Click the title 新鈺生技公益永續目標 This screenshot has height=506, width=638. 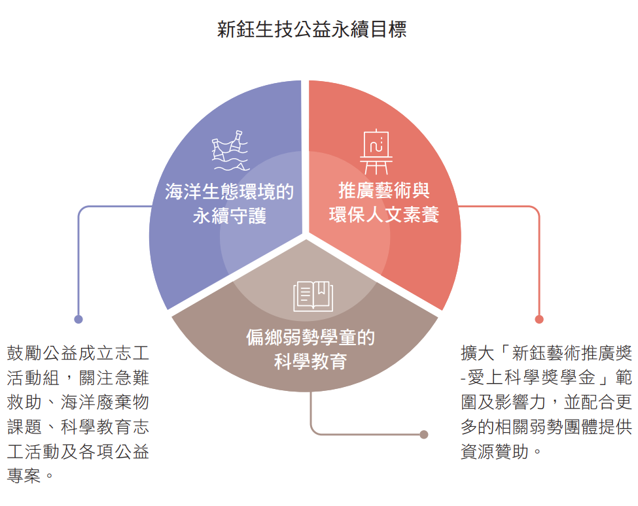311,29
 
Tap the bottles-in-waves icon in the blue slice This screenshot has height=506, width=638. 230,151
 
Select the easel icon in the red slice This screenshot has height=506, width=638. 376,152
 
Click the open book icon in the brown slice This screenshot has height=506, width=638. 313,296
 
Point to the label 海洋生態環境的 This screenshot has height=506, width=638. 230,192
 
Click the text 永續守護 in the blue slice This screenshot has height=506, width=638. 230,215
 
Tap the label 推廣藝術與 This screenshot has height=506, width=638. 383,190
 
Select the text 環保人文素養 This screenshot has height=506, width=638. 383,214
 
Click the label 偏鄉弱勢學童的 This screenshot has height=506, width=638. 310,337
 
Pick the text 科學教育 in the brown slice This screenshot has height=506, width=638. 310,362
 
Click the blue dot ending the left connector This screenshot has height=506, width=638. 79,320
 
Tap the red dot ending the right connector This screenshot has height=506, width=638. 539,320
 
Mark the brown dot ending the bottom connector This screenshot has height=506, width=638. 424,435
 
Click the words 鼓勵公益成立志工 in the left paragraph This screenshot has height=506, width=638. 78,353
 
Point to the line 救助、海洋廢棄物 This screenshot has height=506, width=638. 78,402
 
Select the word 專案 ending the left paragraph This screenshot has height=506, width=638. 24,475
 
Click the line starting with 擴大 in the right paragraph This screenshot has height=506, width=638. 546,353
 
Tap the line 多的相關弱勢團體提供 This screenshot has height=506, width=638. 546,427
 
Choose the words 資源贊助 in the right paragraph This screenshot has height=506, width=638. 495,451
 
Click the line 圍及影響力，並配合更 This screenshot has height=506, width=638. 546,402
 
